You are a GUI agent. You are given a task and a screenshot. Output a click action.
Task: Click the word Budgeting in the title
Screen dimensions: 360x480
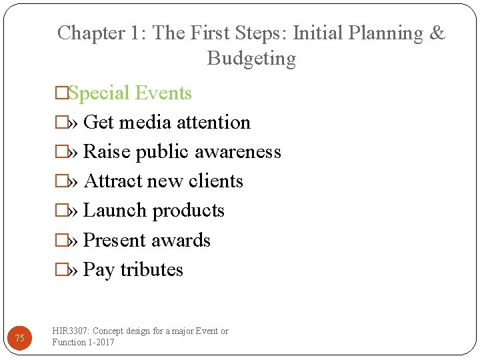tap(251, 59)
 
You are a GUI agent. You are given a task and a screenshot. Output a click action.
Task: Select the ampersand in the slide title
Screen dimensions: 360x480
tap(438, 33)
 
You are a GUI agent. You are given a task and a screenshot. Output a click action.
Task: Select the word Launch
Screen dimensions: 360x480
tap(115, 211)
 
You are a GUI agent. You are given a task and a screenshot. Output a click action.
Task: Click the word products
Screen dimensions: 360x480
tap(189, 211)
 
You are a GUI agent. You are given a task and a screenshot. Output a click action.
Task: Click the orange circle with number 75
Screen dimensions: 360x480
tap(20, 339)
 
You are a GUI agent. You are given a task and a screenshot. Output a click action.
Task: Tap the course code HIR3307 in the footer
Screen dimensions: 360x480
tap(71, 331)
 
